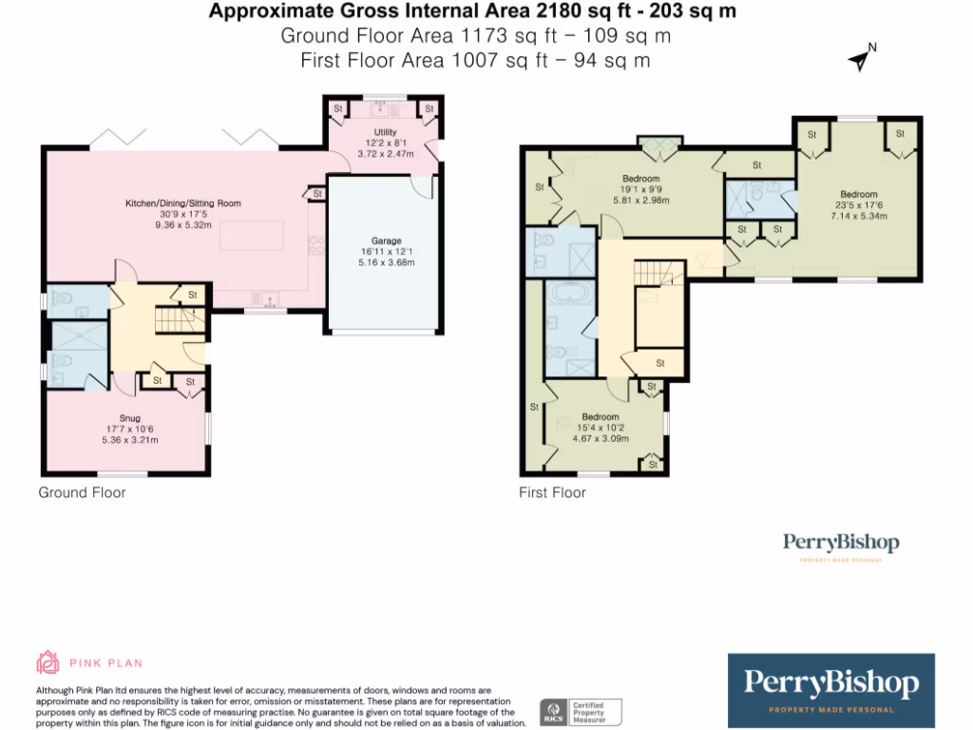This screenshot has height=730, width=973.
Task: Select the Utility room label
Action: (x=385, y=132)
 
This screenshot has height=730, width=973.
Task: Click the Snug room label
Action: (x=129, y=418)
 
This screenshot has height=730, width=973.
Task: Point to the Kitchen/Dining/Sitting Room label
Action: (x=183, y=203)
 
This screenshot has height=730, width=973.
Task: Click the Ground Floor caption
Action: (x=82, y=492)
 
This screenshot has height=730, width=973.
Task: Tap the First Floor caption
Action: (x=552, y=492)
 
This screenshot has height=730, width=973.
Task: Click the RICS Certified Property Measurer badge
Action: (x=581, y=711)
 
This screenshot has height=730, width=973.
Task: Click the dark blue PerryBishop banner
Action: (x=830, y=689)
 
